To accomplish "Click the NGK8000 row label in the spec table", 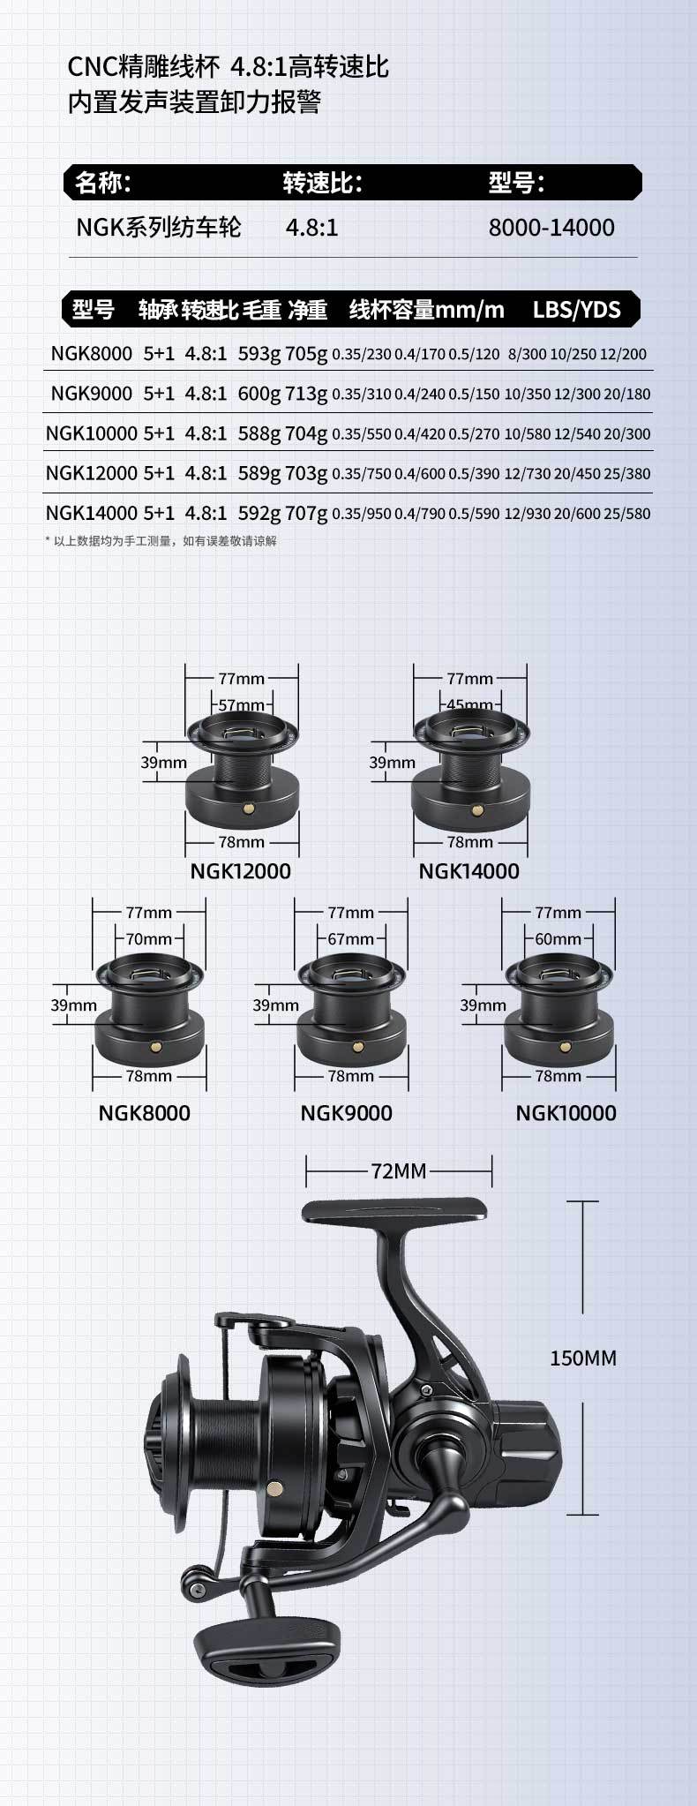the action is click(x=91, y=354).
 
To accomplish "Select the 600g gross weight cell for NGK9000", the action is click(x=259, y=394).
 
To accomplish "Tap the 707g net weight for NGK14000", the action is click(x=306, y=514).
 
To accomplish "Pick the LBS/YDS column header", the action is click(x=577, y=310).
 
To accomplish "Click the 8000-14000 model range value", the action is click(x=551, y=228).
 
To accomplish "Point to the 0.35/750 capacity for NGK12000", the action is click(x=362, y=474).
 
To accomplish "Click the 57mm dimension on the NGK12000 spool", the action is click(x=241, y=705).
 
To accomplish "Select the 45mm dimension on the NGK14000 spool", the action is click(x=469, y=705).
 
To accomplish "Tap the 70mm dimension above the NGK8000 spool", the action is click(x=149, y=939).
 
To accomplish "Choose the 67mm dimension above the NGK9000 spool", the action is click(x=351, y=939).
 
